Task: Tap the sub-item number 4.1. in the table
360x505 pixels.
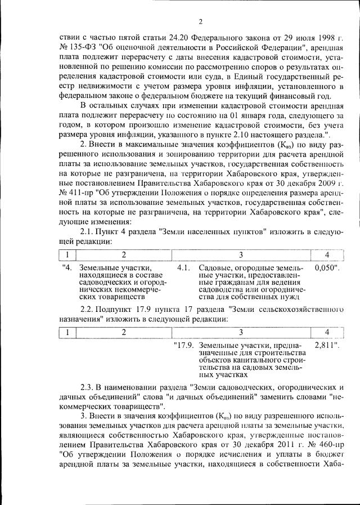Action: [183, 268]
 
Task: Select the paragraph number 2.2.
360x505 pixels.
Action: [88, 309]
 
